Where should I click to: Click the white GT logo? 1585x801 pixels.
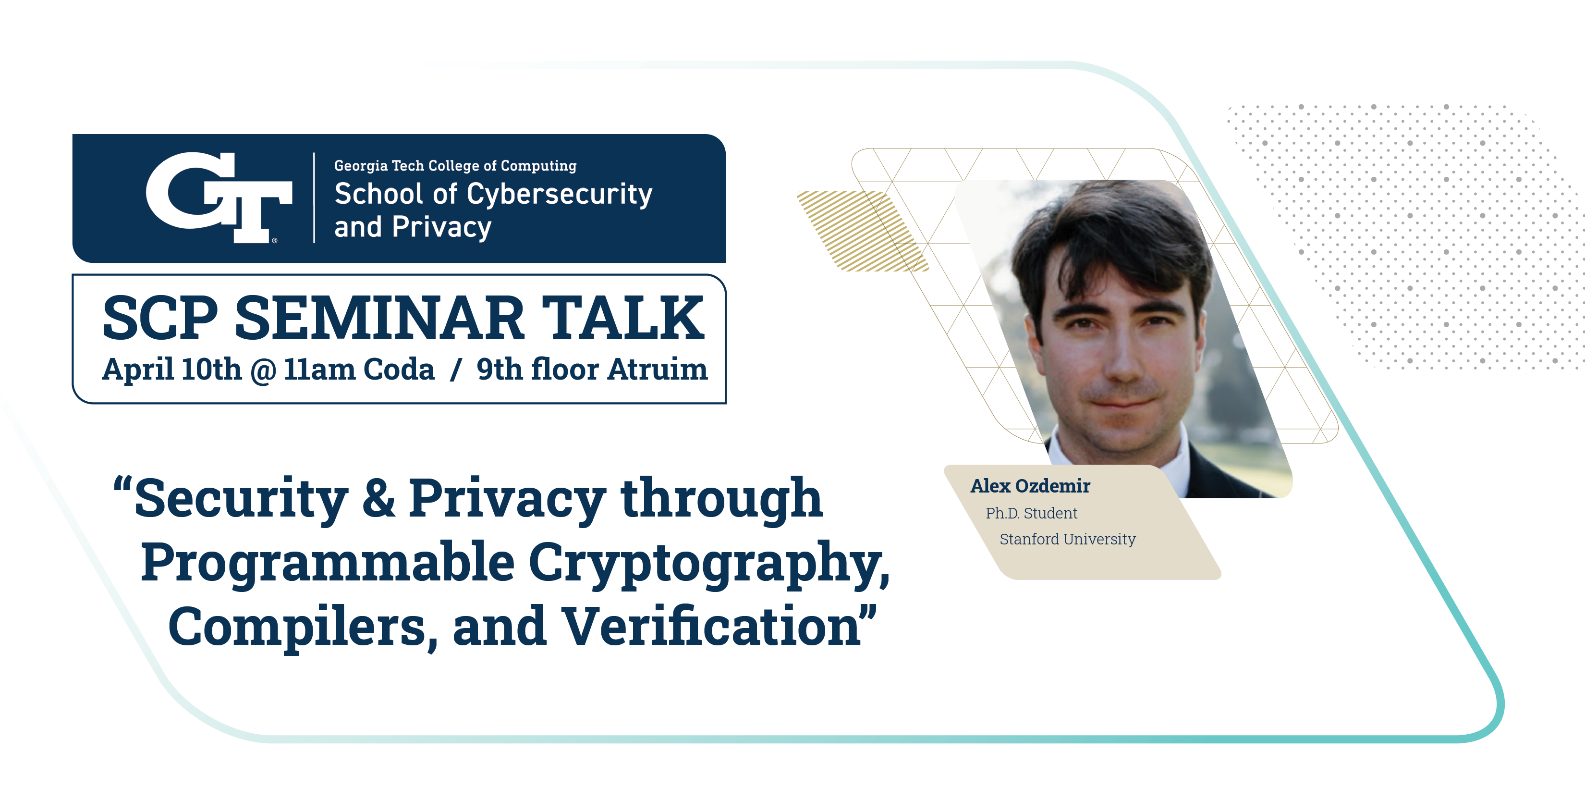[219, 197]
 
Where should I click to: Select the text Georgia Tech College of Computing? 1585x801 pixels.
[455, 166]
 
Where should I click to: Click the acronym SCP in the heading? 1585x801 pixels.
[160, 318]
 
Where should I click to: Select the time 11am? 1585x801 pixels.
[319, 370]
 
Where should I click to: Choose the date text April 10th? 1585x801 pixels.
[171, 370]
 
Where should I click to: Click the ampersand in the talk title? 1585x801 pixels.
[378, 498]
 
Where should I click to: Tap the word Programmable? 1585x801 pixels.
[328, 562]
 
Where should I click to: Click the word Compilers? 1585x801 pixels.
[303, 628]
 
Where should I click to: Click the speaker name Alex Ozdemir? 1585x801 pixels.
[1030, 486]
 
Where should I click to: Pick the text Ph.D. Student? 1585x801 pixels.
[1031, 513]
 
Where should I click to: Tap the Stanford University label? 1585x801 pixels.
[1068, 539]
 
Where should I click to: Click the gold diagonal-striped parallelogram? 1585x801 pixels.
[863, 231]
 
